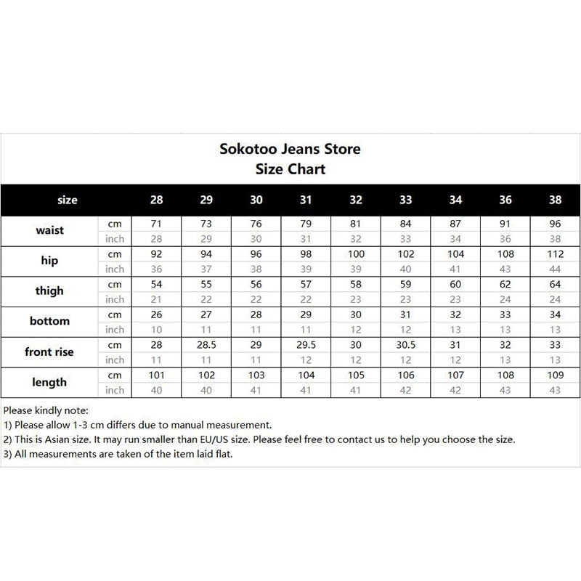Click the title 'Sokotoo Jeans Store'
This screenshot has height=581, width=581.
click(290, 150)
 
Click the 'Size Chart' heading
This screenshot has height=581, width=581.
click(290, 169)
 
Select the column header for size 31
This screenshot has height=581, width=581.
click(306, 200)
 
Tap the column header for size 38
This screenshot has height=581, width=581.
click(556, 200)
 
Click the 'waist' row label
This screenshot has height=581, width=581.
click(50, 230)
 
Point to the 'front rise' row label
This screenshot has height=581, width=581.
click(49, 352)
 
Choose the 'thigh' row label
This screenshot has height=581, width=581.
click(49, 290)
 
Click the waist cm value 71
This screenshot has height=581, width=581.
click(156, 224)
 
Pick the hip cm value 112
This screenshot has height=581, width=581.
click(556, 254)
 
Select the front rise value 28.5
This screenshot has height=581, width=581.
click(206, 346)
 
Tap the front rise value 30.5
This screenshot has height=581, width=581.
click(406, 346)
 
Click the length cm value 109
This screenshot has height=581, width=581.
click(556, 376)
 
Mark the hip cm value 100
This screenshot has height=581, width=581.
click(356, 254)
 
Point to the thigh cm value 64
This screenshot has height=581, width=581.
click(556, 285)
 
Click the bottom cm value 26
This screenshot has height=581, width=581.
click(156, 315)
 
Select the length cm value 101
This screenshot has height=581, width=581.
click(156, 376)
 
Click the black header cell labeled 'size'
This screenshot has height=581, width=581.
click(67, 200)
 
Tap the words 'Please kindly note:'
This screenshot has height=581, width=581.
click(46, 410)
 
